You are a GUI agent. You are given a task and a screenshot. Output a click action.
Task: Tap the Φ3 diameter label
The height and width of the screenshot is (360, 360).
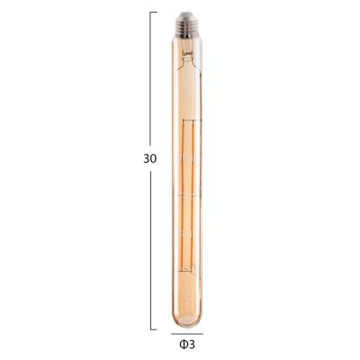187,343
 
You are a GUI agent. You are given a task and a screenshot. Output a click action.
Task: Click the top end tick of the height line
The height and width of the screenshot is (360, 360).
152,13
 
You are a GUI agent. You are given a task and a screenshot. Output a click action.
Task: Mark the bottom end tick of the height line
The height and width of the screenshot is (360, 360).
152,329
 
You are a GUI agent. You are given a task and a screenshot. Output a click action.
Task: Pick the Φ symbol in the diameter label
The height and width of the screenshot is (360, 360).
184,343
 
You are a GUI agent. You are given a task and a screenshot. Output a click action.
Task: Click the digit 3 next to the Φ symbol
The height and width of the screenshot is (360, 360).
193,343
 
